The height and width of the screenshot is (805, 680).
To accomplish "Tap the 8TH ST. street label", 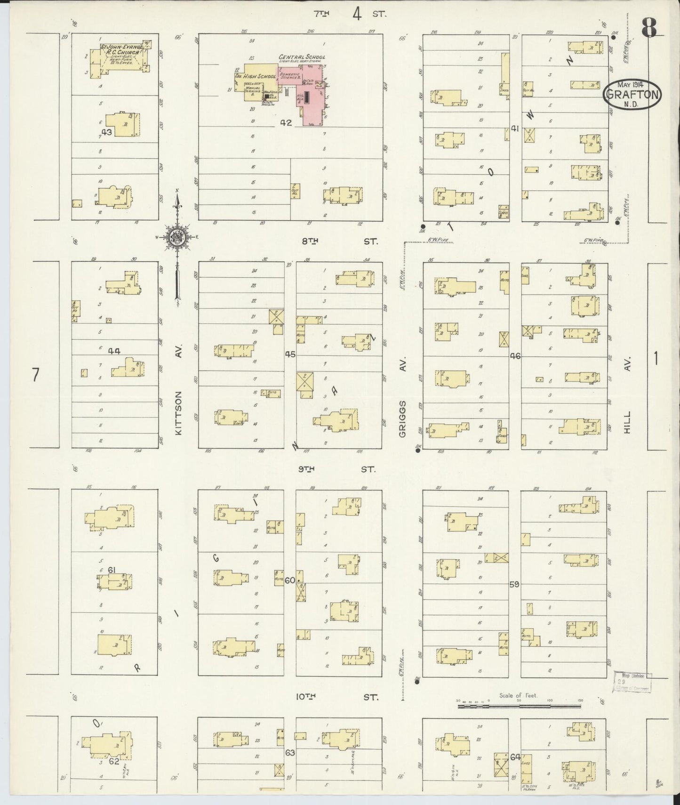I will click(x=339, y=241).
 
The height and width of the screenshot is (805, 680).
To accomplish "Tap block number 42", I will click(x=286, y=123).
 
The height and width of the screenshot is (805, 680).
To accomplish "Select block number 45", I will click(x=290, y=354).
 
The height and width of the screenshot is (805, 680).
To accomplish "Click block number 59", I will click(x=514, y=584).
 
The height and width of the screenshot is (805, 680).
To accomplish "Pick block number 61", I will click(x=112, y=570).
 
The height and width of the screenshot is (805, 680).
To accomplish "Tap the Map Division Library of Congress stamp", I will click(x=633, y=682).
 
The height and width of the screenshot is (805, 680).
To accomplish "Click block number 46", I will click(x=515, y=356).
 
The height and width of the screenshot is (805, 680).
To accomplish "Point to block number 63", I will click(x=290, y=753).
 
